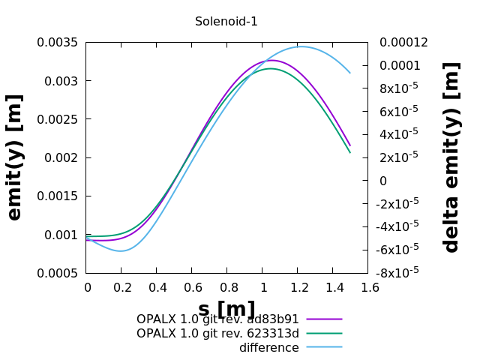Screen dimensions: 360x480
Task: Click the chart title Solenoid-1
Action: [226, 22]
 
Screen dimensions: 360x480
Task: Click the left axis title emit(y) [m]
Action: [15, 157]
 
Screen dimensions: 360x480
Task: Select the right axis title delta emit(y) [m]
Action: [451, 157]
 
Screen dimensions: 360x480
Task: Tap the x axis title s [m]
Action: [226, 309]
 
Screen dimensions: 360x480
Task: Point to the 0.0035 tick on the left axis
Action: [58, 42]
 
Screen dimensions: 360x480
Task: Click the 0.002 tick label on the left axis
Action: [61, 157]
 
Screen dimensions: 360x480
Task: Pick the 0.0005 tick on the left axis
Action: [58, 273]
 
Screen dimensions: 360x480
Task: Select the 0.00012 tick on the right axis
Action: [403, 42]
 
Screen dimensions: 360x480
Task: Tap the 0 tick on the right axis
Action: [383, 181]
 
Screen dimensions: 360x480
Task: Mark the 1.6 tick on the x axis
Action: [368, 287]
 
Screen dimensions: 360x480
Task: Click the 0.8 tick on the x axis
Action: [227, 287]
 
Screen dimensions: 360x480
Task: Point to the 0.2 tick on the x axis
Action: [121, 287]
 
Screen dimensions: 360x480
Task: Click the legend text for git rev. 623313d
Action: [217, 334]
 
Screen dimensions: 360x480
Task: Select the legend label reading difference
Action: [268, 348]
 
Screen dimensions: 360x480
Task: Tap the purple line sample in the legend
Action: [324, 319]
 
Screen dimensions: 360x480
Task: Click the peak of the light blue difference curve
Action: [301, 46]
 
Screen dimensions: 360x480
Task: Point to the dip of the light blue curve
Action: [121, 251]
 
